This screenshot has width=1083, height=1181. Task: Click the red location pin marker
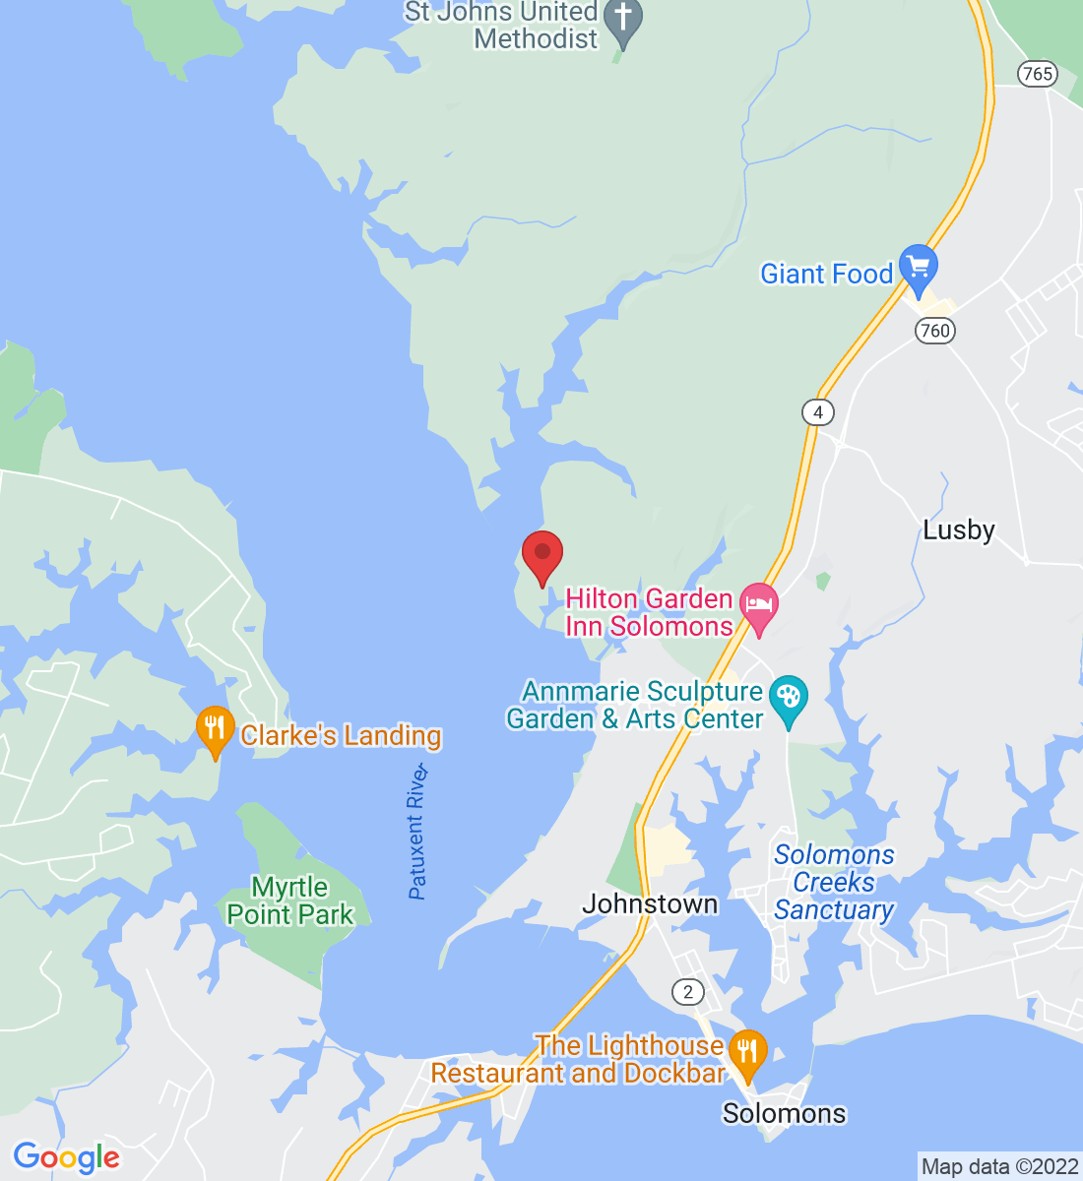[x=541, y=554]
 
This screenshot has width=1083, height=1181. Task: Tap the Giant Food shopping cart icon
[x=918, y=266]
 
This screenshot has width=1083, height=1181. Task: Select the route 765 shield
[x=1038, y=73]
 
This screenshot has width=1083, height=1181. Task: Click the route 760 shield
[x=934, y=330]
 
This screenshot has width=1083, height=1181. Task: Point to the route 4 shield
[x=817, y=411]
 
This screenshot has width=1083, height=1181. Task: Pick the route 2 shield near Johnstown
[x=688, y=991]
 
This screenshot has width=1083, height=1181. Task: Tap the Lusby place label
[x=958, y=530]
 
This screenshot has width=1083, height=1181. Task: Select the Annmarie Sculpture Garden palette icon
[x=788, y=697]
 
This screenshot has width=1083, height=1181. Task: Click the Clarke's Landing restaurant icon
[x=214, y=729]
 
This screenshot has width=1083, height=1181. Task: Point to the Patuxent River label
[x=418, y=832]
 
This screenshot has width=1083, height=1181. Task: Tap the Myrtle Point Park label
[x=289, y=901]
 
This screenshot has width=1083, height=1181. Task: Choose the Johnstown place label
[x=650, y=903]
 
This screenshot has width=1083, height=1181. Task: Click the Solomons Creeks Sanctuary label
[x=834, y=882]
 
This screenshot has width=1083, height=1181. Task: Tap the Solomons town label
[x=784, y=1113]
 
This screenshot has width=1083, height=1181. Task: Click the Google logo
[x=66, y=1157]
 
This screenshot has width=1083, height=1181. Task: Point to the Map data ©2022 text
[x=999, y=1167]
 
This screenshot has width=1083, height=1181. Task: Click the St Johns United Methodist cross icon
[x=622, y=19]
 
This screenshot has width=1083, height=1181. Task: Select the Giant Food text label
[x=826, y=274]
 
